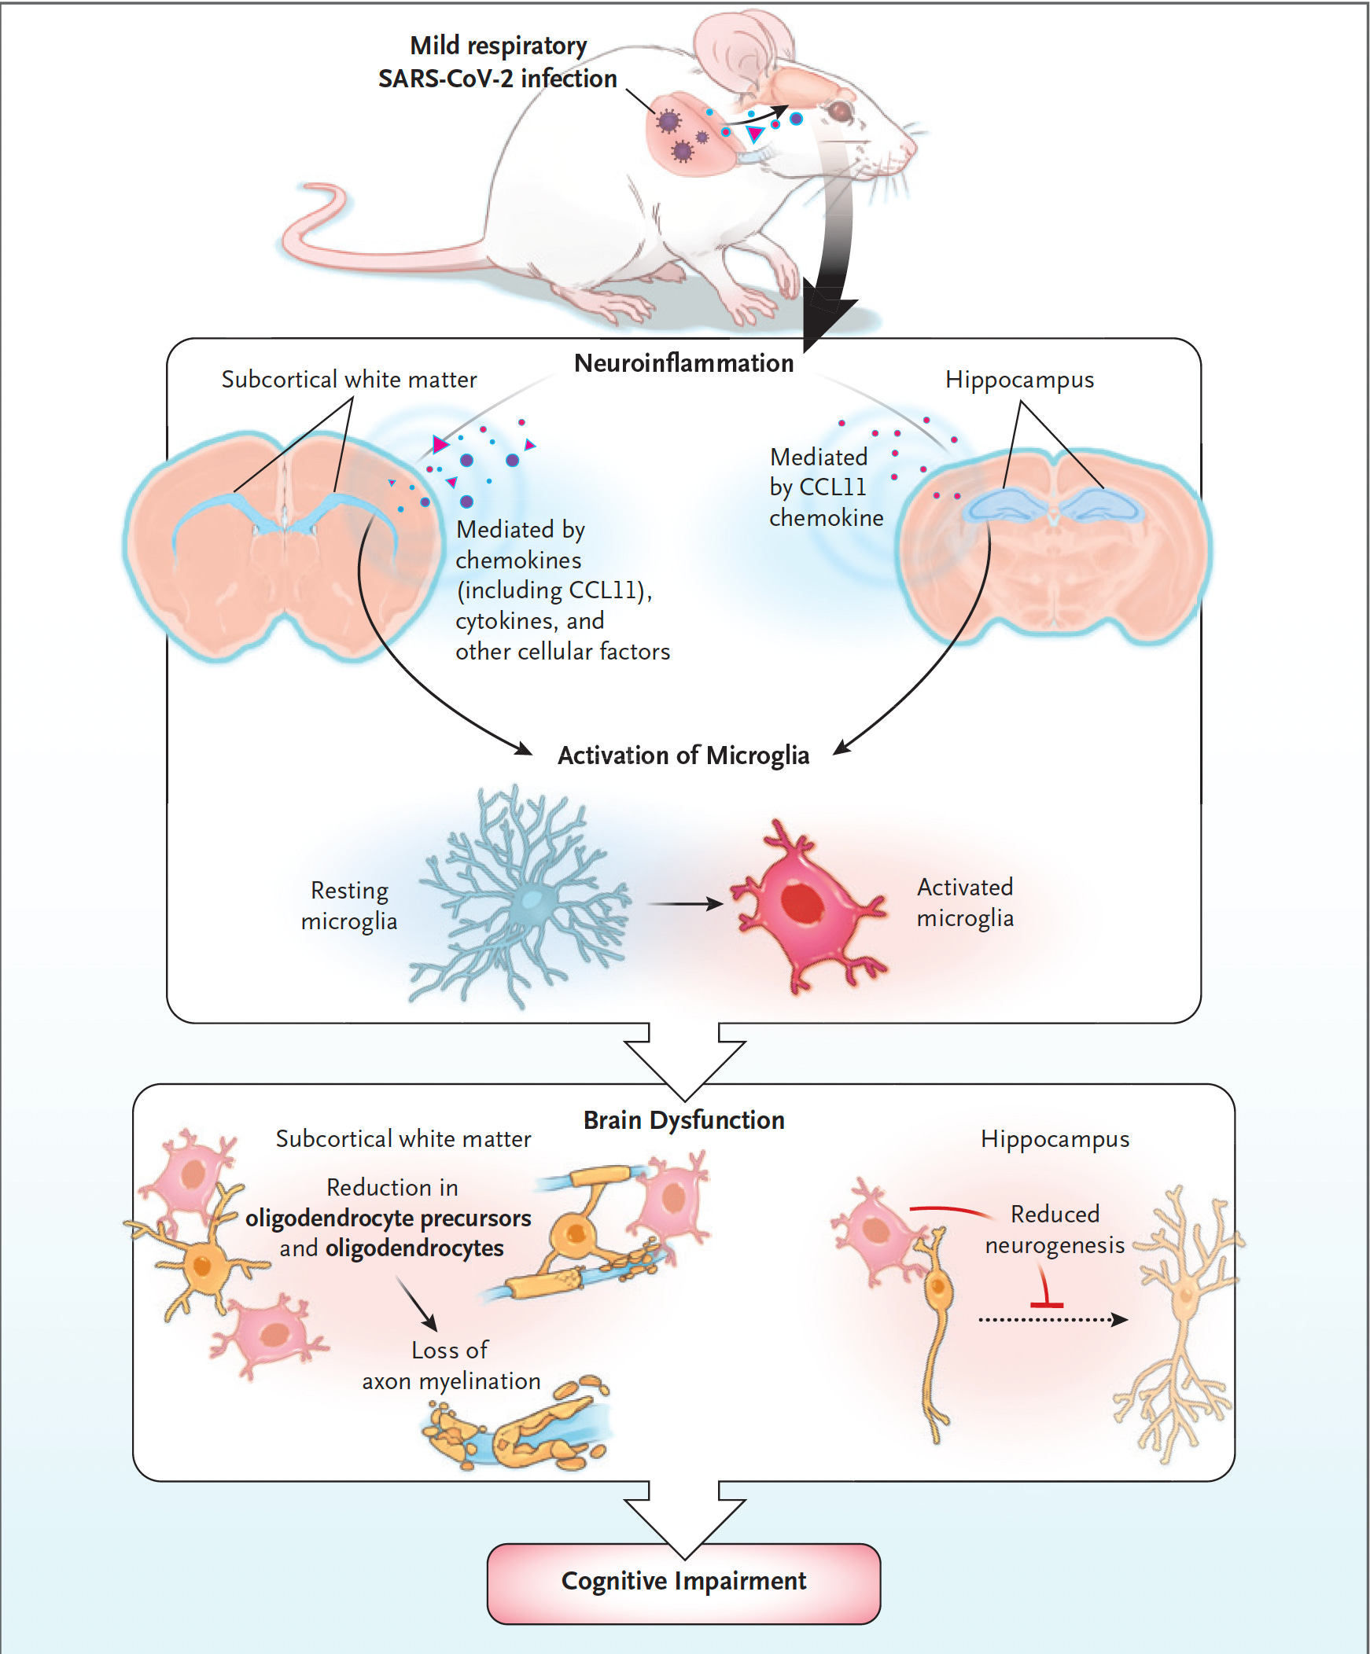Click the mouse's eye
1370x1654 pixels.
pyautogui.click(x=842, y=110)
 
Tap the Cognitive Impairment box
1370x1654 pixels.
pyautogui.click(x=683, y=1582)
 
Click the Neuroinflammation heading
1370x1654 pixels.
pyautogui.click(x=683, y=363)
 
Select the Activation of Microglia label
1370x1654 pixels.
pyautogui.click(x=683, y=755)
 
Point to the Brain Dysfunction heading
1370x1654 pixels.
pyautogui.click(x=683, y=1120)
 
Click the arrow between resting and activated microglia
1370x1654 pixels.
pyautogui.click(x=683, y=903)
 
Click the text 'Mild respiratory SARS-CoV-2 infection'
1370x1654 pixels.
pyautogui.click(x=498, y=62)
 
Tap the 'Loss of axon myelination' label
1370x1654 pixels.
pyautogui.click(x=451, y=1365)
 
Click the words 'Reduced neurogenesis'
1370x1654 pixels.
pyautogui.click(x=1054, y=1229)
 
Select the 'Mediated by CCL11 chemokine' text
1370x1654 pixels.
pyautogui.click(x=826, y=487)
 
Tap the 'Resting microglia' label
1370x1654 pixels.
pyautogui.click(x=349, y=905)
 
